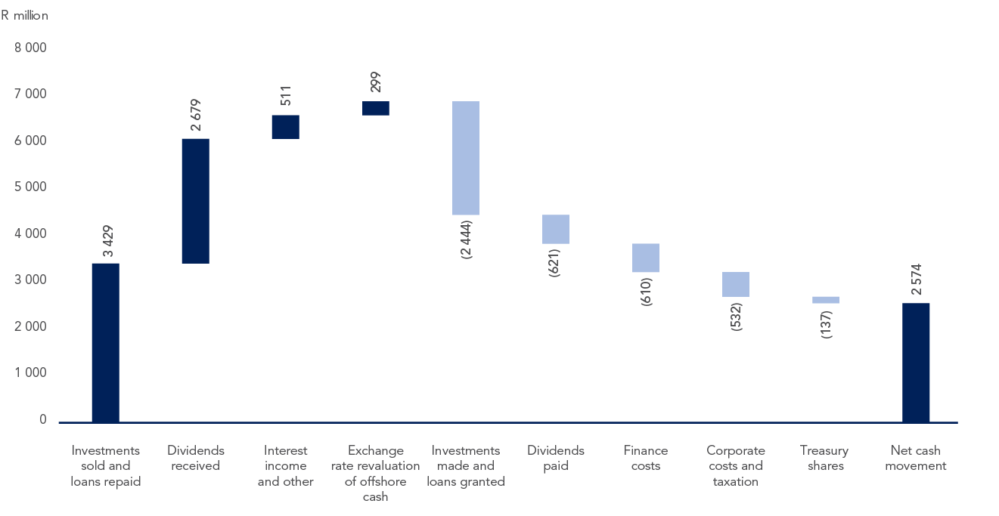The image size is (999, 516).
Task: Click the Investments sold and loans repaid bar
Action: (105, 342)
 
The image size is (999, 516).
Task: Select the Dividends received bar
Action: (195, 201)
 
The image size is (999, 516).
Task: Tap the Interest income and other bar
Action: (285, 127)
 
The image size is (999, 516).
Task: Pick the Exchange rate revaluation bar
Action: (376, 108)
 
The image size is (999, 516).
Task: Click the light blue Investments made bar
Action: (465, 158)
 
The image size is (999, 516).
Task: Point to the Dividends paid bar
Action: (556, 229)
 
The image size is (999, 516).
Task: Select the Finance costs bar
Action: (645, 258)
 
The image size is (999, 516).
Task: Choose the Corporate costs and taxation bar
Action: (735, 284)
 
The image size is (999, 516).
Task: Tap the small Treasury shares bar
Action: (825, 300)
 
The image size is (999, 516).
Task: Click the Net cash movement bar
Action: (916, 363)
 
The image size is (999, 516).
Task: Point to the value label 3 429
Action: (105, 241)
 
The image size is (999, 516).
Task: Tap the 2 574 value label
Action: (916, 282)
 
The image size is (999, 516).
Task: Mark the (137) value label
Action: (826, 323)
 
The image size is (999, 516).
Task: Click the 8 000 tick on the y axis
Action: (31, 48)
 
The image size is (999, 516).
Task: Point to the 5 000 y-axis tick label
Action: (31, 187)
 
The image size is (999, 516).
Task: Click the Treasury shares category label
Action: (824, 458)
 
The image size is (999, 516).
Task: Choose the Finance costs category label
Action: (646, 458)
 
